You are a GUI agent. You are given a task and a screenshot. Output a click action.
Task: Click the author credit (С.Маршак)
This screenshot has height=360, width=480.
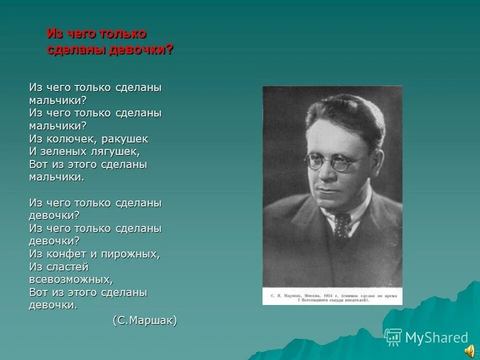click(144, 320)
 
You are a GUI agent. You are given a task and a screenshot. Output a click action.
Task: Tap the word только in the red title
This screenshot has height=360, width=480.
click(123, 34)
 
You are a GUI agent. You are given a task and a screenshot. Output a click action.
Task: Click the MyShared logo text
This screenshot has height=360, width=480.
click(436, 338)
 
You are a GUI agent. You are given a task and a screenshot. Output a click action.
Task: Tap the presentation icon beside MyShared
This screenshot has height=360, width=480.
click(393, 337)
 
